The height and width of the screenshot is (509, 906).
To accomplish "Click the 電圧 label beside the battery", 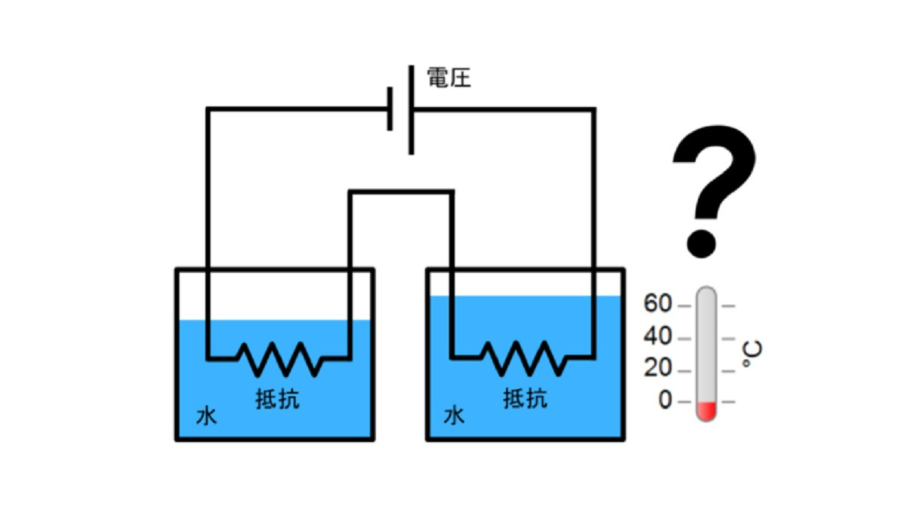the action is (449, 78).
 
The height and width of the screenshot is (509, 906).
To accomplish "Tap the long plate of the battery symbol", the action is (411, 110).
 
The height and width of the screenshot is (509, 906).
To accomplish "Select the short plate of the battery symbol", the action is (390, 109).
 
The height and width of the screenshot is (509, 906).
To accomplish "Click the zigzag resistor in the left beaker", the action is (279, 359).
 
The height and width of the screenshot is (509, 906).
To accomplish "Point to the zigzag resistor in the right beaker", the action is (524, 358).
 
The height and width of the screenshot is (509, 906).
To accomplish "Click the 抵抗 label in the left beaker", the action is (278, 399).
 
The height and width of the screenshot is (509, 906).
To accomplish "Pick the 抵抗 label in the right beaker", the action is (525, 398).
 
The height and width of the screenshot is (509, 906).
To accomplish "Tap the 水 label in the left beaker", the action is (206, 416).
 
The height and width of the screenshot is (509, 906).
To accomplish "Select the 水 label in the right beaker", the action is (454, 415).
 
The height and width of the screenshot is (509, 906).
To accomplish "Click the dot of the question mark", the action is (701, 244).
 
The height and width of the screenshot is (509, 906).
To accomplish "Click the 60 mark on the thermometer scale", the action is (658, 303).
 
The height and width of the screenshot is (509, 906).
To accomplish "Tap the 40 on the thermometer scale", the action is (658, 336).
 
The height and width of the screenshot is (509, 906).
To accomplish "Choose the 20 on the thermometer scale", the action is (658, 368).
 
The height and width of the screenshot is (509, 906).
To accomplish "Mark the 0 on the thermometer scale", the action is (665, 400).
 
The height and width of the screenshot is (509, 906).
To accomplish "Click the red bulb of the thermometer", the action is (706, 411).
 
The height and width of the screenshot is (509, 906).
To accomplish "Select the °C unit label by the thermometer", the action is (751, 354).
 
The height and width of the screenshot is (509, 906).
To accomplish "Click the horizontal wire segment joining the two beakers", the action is (401, 192).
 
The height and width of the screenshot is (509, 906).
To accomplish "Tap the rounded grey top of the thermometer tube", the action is (706, 293).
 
